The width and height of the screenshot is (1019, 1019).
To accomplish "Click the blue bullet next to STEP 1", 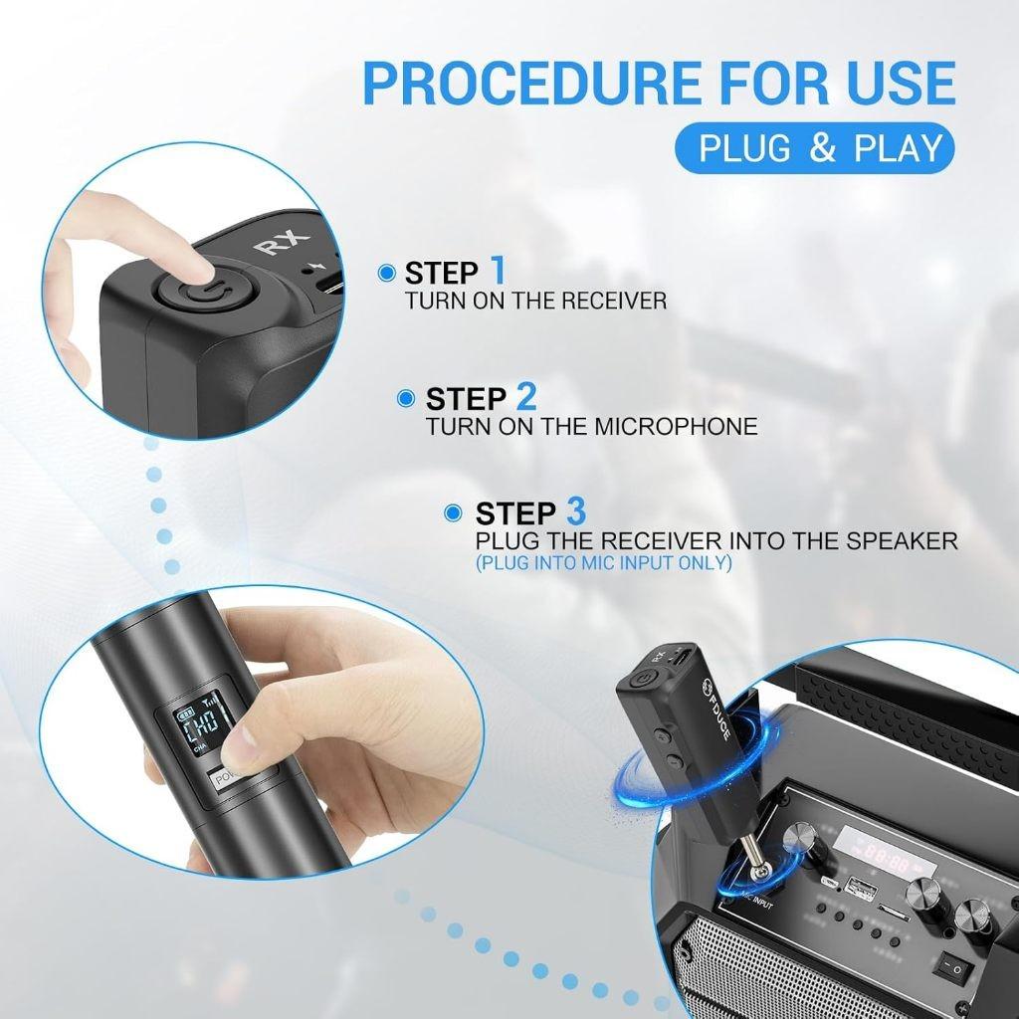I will click(x=387, y=273).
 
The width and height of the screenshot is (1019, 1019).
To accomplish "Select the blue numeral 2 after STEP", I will click(x=525, y=398).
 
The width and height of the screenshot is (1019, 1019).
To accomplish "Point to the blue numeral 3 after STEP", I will click(x=575, y=512).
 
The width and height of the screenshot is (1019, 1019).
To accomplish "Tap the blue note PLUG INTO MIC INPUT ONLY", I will click(x=603, y=563).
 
